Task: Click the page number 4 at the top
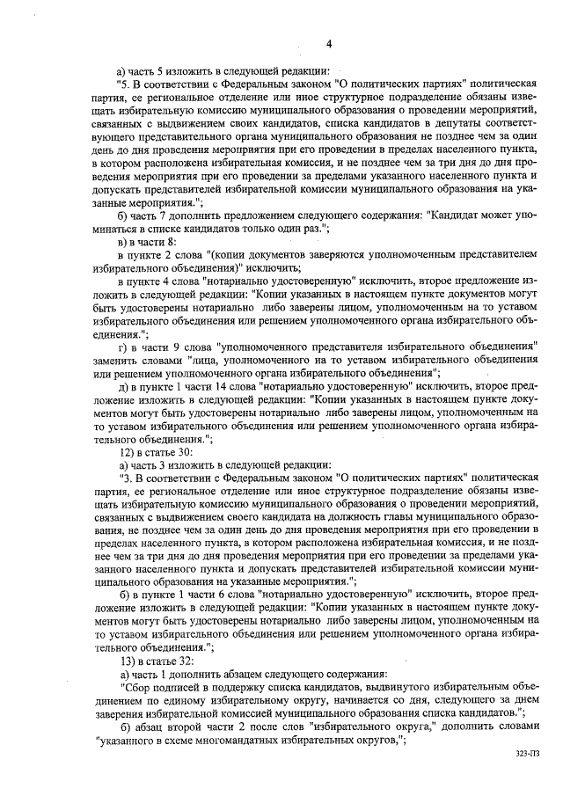(328, 44)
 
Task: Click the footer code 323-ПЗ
(528, 755)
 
